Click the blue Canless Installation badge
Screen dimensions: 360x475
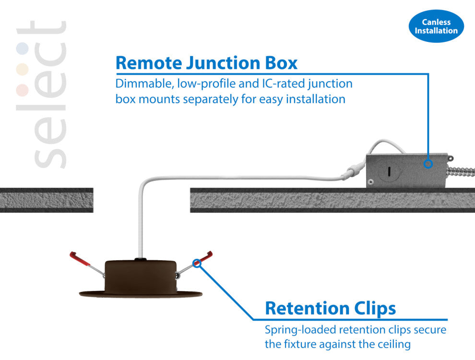436,26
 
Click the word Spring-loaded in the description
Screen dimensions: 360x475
300,330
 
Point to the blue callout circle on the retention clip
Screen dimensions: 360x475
196,263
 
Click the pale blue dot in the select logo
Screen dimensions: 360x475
22,48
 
